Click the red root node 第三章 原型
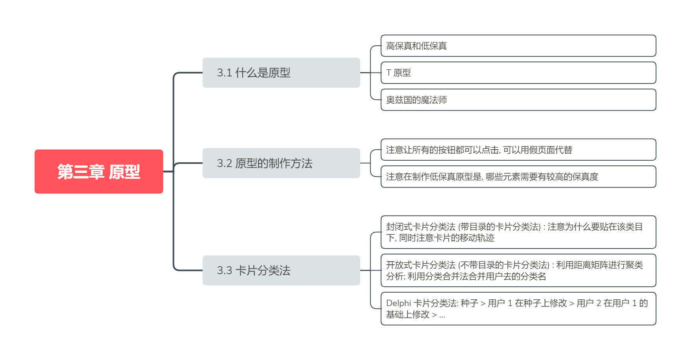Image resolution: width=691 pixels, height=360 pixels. click(99, 171)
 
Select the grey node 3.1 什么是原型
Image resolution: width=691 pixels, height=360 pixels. click(281, 72)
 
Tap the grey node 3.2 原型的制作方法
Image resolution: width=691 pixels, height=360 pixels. click(281, 163)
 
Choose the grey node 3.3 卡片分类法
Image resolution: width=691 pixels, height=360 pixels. click(281, 270)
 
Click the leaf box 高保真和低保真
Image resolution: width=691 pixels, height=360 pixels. click(518, 46)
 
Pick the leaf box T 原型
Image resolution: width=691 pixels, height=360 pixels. click(518, 73)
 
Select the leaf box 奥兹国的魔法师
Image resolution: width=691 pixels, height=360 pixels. click(518, 100)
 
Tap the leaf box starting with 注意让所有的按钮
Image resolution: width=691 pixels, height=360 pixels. click(518, 150)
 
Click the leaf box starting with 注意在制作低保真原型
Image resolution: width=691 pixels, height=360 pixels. click(518, 177)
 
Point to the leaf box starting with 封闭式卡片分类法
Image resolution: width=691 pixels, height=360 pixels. click(518, 232)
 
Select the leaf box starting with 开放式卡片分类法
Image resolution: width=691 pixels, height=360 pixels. click(518, 270)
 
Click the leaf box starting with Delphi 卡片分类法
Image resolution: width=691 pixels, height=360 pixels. click(518, 309)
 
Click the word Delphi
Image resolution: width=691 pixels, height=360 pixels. click(399, 303)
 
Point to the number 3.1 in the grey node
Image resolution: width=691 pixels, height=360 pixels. click(224, 73)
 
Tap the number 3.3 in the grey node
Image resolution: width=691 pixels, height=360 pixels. click(224, 271)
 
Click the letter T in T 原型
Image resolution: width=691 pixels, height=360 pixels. click(388, 73)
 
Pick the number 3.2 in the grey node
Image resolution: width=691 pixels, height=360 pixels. click(225, 163)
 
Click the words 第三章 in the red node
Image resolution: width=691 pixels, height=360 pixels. click(81, 172)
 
